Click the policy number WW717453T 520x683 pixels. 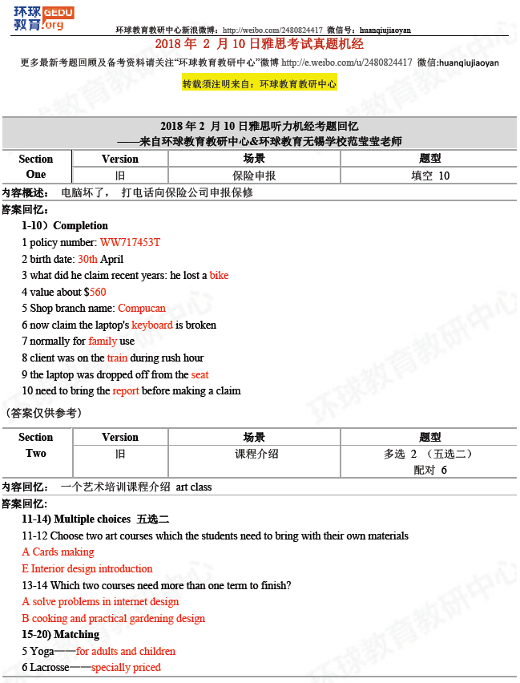130,242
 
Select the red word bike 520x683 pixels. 219,275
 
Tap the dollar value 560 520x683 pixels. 97,292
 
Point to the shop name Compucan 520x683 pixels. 142,308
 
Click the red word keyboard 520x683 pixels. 152,325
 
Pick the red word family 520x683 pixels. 103,341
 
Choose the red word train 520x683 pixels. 117,358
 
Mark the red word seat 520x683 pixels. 200,374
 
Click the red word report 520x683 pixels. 126,391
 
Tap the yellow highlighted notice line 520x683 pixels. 260,83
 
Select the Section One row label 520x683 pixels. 36,167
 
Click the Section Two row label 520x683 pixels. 36,446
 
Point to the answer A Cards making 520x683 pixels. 58,552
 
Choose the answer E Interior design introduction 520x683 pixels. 87,568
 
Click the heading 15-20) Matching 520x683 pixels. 61,634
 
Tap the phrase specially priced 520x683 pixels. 126,667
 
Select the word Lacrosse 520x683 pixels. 50,667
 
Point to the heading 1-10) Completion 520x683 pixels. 65,225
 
